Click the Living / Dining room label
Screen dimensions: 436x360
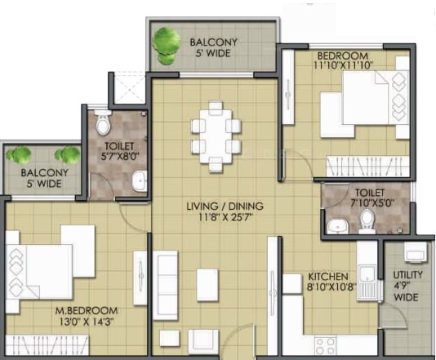click(225, 206)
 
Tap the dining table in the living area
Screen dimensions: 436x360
click(216, 136)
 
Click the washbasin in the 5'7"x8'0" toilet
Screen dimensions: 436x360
click(140, 181)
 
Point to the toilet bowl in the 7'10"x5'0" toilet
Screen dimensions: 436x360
click(367, 221)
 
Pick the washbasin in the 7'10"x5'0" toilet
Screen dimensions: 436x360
click(338, 226)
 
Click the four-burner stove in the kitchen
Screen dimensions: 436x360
click(326, 346)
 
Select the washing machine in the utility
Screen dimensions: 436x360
click(415, 252)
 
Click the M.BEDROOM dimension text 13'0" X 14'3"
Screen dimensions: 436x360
click(87, 322)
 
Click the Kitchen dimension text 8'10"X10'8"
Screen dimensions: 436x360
click(331, 287)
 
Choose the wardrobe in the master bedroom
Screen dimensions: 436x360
click(47, 345)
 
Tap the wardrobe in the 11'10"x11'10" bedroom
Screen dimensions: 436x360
click(367, 167)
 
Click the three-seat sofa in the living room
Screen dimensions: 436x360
click(166, 286)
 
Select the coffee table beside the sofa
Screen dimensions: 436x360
click(207, 285)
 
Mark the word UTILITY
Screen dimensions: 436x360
click(408, 275)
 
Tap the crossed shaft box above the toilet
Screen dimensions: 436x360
click(129, 87)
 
